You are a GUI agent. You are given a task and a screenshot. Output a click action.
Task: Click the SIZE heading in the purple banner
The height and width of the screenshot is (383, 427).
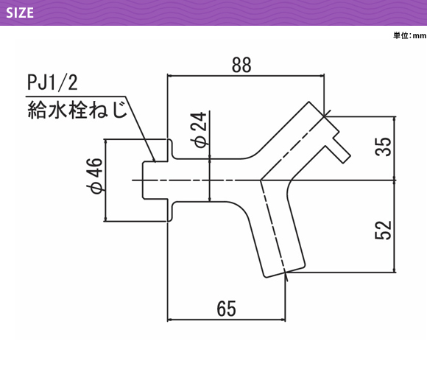click(x=20, y=13)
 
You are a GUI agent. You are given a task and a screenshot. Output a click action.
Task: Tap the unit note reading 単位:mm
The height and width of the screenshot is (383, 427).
click(x=410, y=35)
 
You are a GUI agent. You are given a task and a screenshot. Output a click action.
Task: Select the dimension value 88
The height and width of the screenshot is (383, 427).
click(x=241, y=65)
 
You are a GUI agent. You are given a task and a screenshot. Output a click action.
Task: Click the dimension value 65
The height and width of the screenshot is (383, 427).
click(x=226, y=309)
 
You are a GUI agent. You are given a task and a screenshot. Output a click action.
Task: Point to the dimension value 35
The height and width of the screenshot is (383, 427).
click(x=383, y=147)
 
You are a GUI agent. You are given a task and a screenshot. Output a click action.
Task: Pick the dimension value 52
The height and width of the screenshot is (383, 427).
click(x=383, y=231)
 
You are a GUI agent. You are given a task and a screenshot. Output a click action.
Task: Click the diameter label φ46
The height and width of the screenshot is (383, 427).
click(x=95, y=176)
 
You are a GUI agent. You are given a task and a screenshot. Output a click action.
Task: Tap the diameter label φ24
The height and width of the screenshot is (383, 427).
click(x=199, y=130)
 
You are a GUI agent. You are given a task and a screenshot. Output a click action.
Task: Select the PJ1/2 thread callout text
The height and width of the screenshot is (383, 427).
click(x=52, y=82)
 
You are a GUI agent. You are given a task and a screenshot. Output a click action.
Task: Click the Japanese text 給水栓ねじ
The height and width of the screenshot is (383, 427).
click(x=77, y=110)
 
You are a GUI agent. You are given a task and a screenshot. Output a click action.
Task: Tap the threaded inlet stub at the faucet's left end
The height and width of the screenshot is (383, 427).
click(x=155, y=180)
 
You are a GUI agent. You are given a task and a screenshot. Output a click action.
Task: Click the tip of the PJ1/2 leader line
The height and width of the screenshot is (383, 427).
click(x=155, y=161)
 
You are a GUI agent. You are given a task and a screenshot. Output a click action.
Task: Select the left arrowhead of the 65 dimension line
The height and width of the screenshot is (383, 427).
click(x=169, y=320)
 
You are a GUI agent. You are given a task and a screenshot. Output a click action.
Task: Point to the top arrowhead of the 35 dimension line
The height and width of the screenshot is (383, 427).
click(x=395, y=119)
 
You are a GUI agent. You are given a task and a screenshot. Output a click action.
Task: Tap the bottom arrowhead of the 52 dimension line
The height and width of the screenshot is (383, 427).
click(x=395, y=270)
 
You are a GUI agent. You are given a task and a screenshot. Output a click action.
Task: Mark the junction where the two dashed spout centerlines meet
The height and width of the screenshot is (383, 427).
click(x=261, y=180)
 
